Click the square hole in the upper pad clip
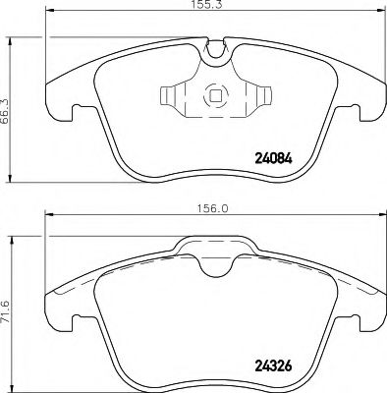click(213, 98)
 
